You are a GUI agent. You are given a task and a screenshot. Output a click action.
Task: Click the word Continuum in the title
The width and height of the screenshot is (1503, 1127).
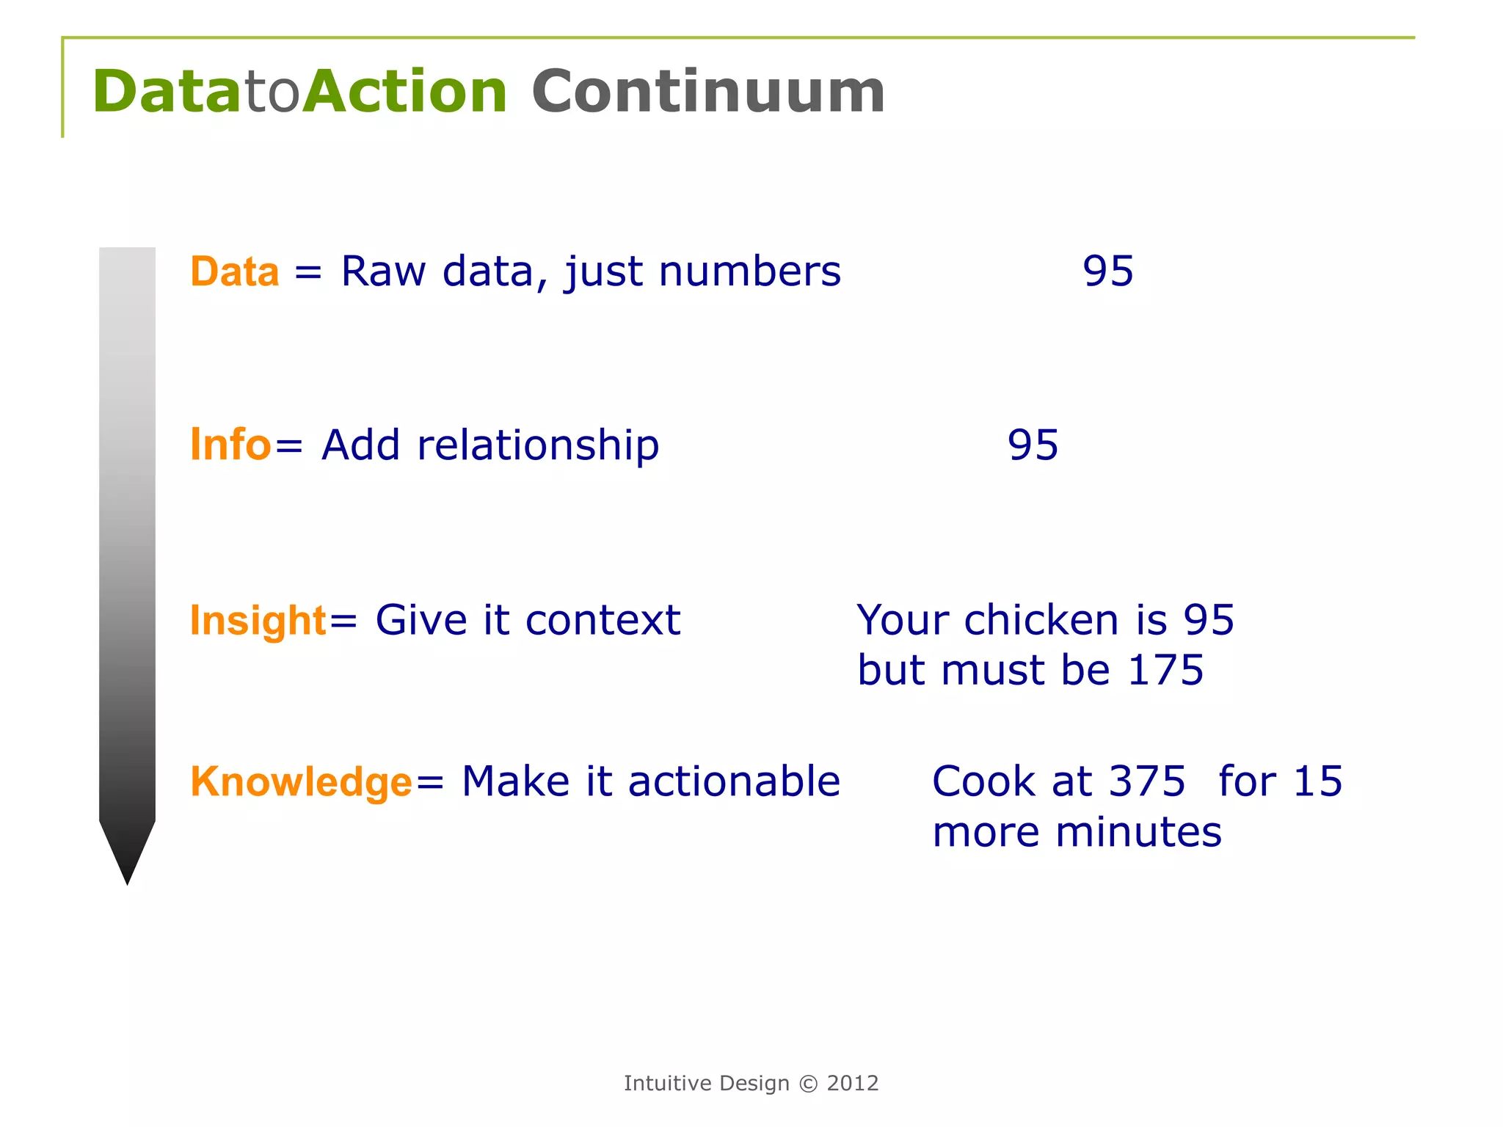tap(708, 92)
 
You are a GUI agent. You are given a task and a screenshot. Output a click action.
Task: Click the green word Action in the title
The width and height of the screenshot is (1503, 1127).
tap(405, 92)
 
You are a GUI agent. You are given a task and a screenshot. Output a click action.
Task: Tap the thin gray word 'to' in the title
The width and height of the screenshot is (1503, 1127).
tap(272, 93)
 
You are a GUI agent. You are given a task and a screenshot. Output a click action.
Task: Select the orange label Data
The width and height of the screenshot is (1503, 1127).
tap(235, 271)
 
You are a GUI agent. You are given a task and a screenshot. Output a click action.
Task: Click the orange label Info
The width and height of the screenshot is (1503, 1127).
tap(230, 445)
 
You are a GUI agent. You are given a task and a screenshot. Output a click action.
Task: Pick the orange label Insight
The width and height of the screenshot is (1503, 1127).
tap(258, 621)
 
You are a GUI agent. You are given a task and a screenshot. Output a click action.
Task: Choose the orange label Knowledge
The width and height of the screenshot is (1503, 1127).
tap(301, 781)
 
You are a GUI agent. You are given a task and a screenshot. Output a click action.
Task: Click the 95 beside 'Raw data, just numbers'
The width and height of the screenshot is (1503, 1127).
tap(1108, 271)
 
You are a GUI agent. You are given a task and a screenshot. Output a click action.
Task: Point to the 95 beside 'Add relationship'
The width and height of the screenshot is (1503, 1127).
tap(1033, 445)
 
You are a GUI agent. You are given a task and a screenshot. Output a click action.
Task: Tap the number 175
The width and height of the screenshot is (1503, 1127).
tap(1165, 670)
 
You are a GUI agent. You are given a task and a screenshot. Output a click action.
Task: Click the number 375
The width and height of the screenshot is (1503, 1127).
tap(1146, 781)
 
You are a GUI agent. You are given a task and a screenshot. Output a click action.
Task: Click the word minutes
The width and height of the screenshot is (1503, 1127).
tap(1138, 833)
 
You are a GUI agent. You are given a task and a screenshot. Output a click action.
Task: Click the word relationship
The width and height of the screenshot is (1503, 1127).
tap(538, 445)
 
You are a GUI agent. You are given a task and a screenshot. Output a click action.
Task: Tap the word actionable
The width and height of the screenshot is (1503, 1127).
tap(734, 781)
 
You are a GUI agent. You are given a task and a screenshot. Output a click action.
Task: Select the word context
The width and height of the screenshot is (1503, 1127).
tap(603, 621)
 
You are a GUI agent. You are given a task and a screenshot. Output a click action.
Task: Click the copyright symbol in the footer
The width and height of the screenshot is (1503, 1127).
tap(808, 1084)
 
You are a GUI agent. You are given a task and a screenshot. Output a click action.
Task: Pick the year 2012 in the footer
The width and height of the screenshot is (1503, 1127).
tap(853, 1084)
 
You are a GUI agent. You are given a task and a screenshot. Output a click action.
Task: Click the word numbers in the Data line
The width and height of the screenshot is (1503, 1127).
tap(749, 271)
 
